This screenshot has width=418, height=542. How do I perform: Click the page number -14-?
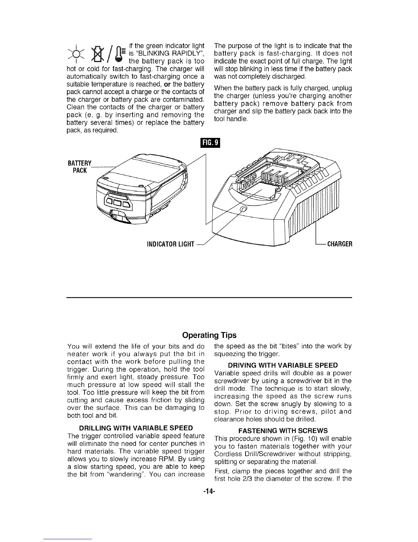click(x=209, y=492)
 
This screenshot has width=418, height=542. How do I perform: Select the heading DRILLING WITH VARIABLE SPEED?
click(x=136, y=428)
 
